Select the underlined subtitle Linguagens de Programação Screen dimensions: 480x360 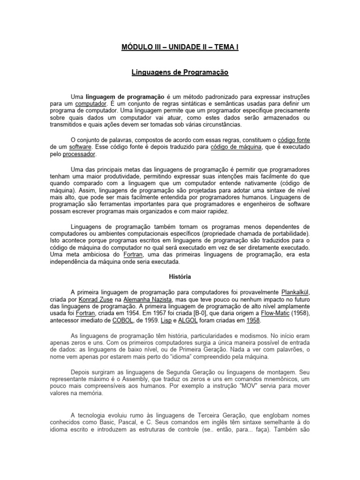(180, 73)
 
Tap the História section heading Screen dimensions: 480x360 (180, 277)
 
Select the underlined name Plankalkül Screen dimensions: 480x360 (295, 292)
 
